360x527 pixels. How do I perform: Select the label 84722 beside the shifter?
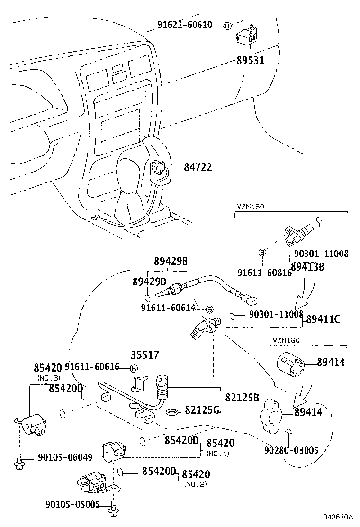198,167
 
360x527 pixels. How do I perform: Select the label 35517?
144,355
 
